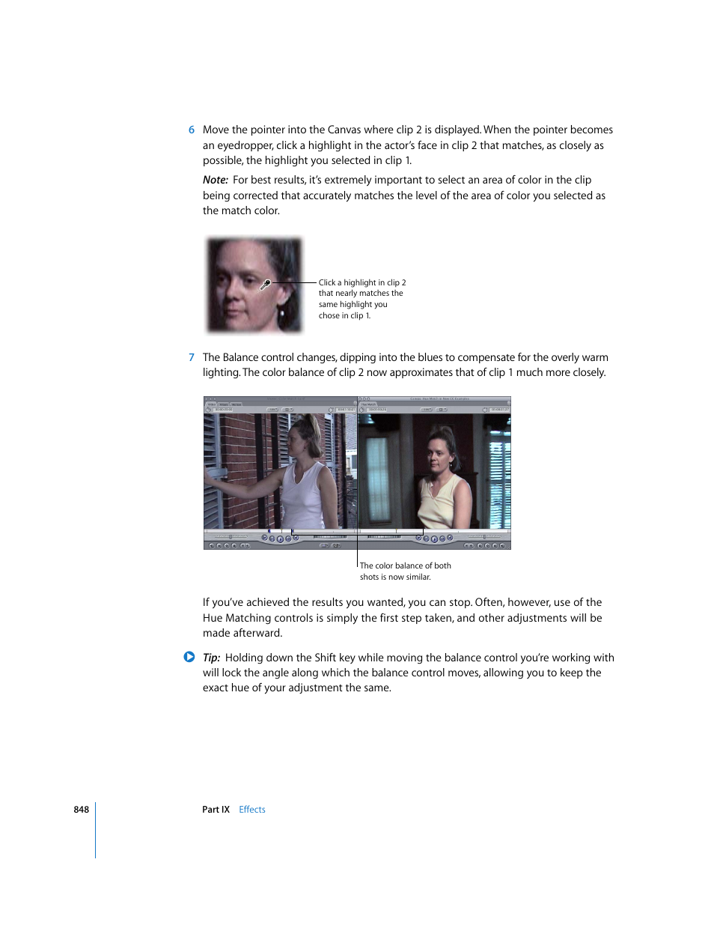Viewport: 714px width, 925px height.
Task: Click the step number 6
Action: tap(192, 130)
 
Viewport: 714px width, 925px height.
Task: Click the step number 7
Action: tap(192, 357)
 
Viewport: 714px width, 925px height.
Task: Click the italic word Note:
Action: tap(215, 180)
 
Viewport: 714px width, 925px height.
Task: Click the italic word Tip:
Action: tap(211, 658)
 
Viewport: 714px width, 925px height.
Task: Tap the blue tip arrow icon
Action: tap(189, 657)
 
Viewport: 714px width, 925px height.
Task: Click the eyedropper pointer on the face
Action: tap(264, 285)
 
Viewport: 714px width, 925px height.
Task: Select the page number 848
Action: tap(81, 810)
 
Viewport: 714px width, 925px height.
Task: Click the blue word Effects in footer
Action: tap(252, 810)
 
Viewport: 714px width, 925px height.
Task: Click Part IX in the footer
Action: tap(216, 810)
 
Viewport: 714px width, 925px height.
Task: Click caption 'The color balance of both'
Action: tap(405, 565)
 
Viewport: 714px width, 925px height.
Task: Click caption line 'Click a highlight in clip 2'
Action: tap(362, 282)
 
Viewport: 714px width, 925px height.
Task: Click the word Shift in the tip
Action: tap(325, 658)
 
